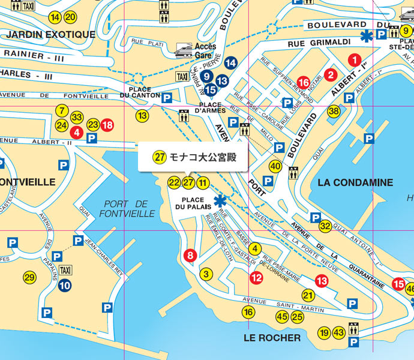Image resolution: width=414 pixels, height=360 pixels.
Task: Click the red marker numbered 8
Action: (190, 256)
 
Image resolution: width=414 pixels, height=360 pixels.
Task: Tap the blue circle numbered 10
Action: (65, 286)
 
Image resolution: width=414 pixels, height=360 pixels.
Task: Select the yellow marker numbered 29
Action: (29, 277)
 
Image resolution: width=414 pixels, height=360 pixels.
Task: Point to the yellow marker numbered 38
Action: (334, 111)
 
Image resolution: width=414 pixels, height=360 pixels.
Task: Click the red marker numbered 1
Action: (355, 59)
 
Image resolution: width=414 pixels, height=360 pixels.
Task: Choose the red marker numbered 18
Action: (107, 125)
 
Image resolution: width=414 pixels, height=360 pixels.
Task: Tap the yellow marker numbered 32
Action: (325, 226)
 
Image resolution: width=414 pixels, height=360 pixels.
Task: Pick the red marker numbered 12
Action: (256, 277)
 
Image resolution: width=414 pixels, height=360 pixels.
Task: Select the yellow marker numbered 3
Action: (206, 274)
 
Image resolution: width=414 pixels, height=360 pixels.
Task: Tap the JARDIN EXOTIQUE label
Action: (50, 35)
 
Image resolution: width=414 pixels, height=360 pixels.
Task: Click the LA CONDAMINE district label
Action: (356, 182)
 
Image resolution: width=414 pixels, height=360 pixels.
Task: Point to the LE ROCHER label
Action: (272, 338)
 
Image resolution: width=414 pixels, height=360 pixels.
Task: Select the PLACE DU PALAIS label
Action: (193, 203)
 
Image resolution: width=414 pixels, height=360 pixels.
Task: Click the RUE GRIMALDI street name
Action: (311, 43)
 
